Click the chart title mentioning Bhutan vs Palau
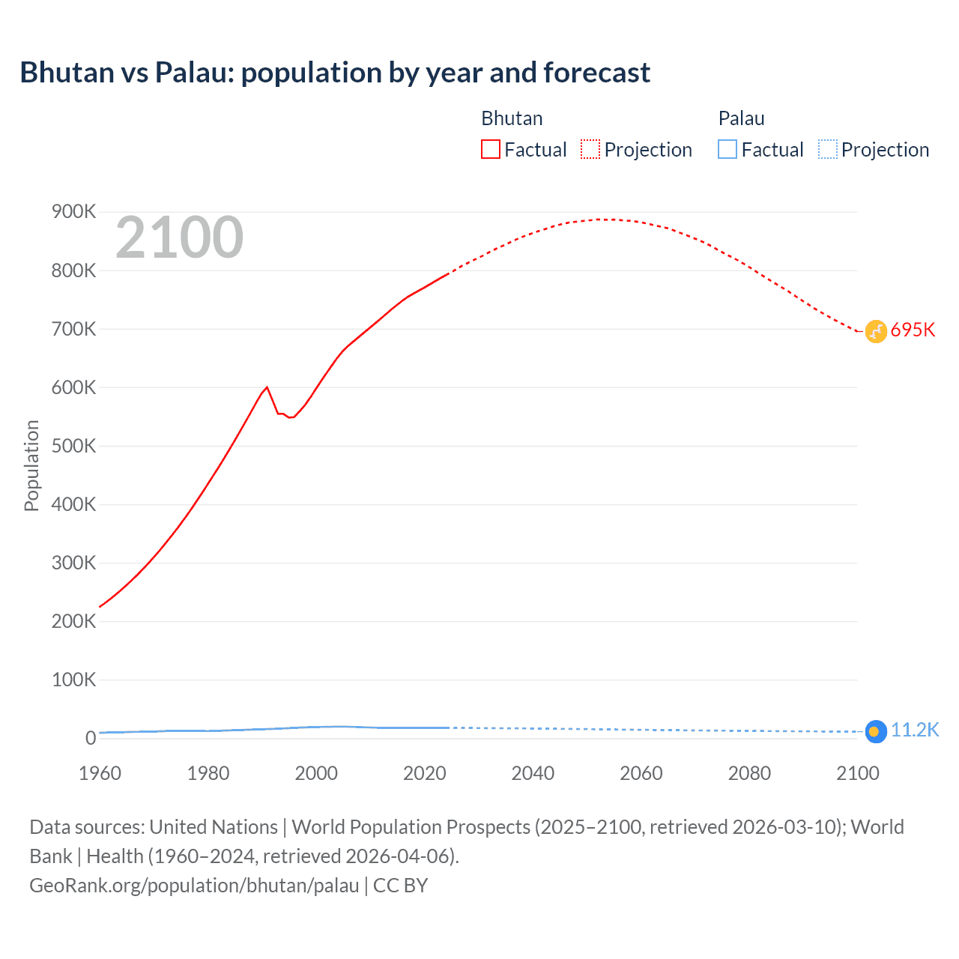pos(335,73)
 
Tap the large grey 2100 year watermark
pos(179,238)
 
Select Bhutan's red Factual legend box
pos(490,149)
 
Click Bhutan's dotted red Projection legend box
pos(590,149)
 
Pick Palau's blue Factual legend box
pos(727,149)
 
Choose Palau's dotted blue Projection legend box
pos(827,149)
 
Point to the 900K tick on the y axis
pos(74,212)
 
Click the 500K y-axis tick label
pos(74,446)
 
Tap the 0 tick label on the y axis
pos(91,738)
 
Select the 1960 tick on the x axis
pos(100,773)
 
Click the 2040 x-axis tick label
pos(533,773)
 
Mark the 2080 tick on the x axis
pos(749,773)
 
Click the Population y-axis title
pos(31,465)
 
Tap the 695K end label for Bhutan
pos(913,330)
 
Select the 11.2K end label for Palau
pos(914,730)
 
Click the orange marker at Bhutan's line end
pos(876,331)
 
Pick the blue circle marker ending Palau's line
pos(876,731)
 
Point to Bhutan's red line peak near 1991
pos(267,387)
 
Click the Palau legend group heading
pos(741,118)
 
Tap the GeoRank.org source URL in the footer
pos(194,886)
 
